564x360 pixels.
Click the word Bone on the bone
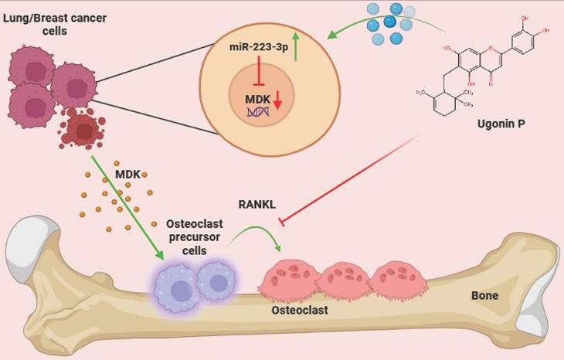click(488, 297)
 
